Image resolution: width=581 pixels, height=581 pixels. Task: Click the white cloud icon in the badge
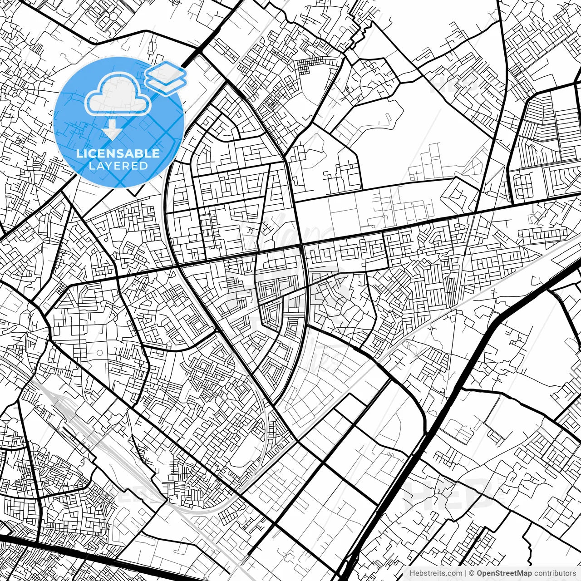tap(118, 94)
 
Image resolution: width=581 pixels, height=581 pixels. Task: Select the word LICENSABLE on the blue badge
tap(118, 153)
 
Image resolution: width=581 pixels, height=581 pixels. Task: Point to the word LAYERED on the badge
tap(118, 166)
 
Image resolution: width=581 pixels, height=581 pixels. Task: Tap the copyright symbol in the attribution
tap(472, 573)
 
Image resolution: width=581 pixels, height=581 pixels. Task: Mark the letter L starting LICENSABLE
tap(79, 153)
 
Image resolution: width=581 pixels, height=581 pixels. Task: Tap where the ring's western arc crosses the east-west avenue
tap(177, 266)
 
